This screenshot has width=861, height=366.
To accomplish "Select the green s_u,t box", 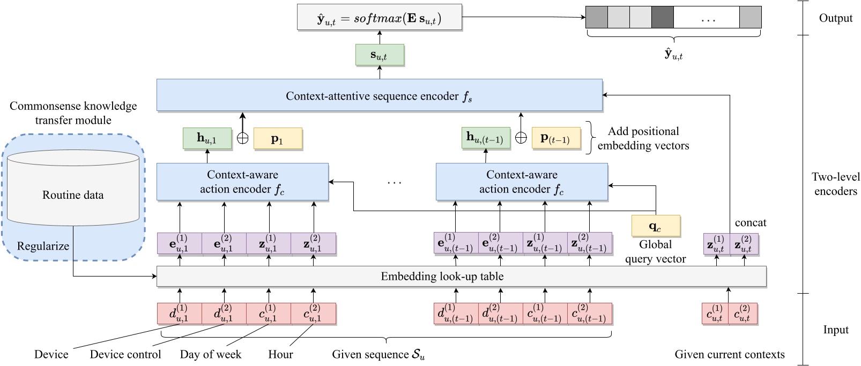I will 379,55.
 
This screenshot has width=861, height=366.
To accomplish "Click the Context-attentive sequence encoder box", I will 379,96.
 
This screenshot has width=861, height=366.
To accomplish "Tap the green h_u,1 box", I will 207,138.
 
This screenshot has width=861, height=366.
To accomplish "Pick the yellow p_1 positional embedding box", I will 277,139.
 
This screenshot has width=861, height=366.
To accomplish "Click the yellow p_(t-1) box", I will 555,138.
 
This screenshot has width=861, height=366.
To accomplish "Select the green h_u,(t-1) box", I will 485,138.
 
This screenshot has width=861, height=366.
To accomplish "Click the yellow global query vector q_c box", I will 655,226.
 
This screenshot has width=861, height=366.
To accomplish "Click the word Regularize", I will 43,246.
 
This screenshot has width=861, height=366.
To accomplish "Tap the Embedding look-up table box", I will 461,277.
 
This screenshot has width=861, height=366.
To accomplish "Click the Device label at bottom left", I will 51,354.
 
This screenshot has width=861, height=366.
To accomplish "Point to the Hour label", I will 280,354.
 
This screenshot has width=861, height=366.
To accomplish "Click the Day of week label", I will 210,354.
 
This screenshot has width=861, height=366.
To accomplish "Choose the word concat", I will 750,222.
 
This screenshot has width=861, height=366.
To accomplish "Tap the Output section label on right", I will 835,18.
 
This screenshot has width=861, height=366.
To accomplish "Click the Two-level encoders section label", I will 835,183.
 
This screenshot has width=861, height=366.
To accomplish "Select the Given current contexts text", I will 729,354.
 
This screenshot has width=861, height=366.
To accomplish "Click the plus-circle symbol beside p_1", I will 242,138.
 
